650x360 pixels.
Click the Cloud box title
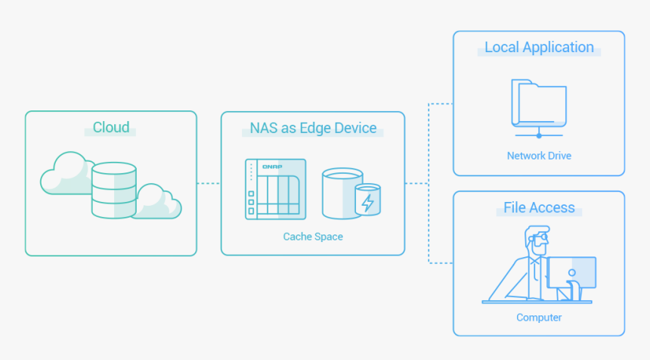(111, 127)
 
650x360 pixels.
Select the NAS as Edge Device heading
(313, 128)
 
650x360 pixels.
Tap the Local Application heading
(539, 47)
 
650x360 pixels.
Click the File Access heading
(539, 207)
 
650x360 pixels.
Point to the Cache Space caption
(313, 237)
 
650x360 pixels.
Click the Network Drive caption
(539, 156)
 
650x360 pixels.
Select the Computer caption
(539, 318)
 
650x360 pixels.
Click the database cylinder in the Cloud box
(113, 190)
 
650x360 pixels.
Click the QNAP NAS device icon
(275, 190)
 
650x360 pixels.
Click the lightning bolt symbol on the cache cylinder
(368, 203)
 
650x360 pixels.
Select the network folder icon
(539, 104)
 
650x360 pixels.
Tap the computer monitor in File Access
(572, 273)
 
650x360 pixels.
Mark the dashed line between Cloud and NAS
(209, 183)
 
